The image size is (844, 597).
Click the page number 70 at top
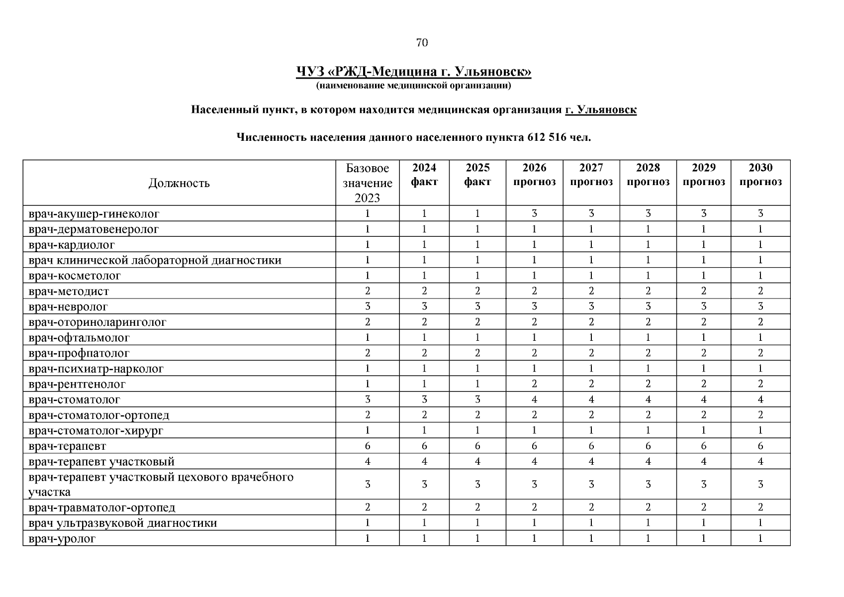click(421, 43)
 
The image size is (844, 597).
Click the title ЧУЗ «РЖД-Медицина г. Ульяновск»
click(413, 72)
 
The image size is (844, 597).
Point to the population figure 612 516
click(546, 137)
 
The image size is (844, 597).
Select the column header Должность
click(179, 183)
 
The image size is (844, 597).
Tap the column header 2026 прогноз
click(534, 175)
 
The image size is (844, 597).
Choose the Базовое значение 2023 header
click(367, 183)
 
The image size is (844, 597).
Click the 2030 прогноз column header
click(760, 175)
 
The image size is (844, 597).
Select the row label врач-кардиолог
click(72, 245)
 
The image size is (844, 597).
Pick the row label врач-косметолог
click(75, 276)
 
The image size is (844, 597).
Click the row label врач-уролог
click(62, 538)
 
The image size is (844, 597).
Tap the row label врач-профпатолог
click(79, 353)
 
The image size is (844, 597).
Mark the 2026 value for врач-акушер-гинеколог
click(534, 214)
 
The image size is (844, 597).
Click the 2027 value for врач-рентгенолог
click(591, 384)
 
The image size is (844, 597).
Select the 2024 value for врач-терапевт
click(424, 446)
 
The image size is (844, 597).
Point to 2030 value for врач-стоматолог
click(760, 399)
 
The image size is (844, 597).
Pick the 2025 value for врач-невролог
click(477, 306)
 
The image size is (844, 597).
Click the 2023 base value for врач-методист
click(367, 291)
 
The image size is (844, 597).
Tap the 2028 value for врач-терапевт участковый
click(648, 462)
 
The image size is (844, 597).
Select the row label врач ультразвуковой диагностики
click(123, 523)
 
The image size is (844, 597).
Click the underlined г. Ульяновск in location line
click(600, 109)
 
